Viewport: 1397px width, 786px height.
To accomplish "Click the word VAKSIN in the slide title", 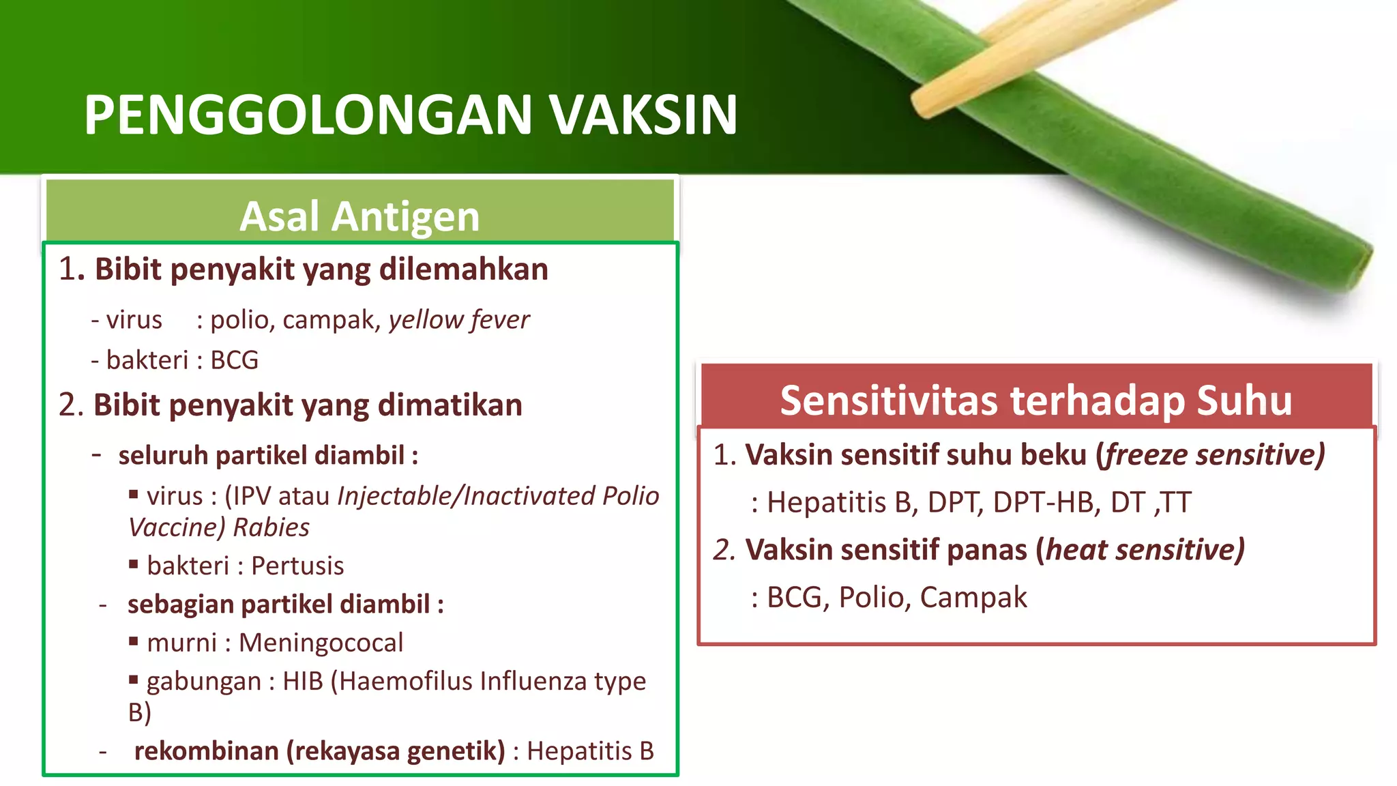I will coord(643,115).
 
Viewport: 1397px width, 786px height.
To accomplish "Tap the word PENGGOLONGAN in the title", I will coord(308,115).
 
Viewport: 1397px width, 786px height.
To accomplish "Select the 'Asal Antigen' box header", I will coord(359,216).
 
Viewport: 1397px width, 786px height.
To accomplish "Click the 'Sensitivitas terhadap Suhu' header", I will coord(1035,400).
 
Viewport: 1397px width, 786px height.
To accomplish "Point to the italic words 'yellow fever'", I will coord(458,319).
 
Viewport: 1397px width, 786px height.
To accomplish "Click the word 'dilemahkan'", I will coord(463,269).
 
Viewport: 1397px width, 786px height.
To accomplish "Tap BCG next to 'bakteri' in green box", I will coord(234,360).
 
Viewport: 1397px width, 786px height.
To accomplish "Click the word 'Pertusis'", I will coord(297,566).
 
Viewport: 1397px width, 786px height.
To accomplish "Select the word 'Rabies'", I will coord(271,527).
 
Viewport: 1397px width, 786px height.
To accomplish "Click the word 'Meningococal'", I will coord(321,643).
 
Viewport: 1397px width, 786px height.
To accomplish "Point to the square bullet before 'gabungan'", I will coord(134,679).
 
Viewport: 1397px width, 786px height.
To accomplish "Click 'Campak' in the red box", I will coord(973,597).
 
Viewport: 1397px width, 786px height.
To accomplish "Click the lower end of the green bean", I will coord(1354,270).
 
